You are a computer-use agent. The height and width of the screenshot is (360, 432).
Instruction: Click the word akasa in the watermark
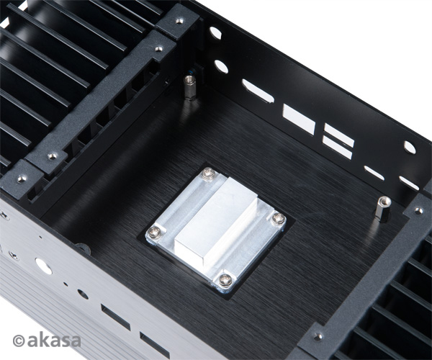coord(54,341)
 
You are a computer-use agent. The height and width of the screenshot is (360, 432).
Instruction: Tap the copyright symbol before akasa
coord(19,341)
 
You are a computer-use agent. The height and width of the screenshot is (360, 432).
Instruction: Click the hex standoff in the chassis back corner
coord(189,87)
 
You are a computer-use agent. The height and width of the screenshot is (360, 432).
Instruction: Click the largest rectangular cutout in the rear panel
coord(299,120)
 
